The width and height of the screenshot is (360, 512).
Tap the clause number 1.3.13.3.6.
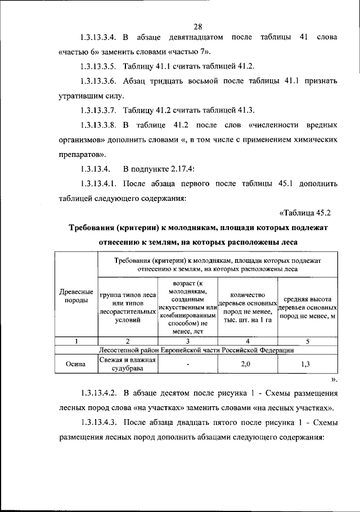(x=98, y=80)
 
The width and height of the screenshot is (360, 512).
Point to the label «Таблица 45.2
(x=308, y=212)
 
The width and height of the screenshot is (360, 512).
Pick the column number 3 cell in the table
(x=188, y=341)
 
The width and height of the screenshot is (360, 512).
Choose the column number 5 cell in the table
(x=307, y=341)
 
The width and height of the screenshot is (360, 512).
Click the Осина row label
(x=76, y=364)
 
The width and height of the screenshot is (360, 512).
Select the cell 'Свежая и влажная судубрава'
(x=128, y=364)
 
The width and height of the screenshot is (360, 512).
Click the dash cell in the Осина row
(x=188, y=364)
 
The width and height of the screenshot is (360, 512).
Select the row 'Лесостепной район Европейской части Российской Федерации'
(x=196, y=350)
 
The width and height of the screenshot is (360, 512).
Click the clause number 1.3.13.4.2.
(x=98, y=393)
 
